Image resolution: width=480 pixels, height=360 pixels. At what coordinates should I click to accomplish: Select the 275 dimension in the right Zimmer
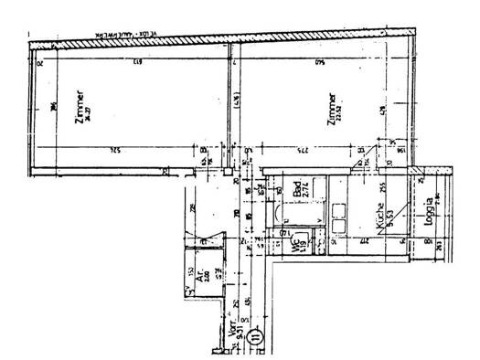click(302, 150)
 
